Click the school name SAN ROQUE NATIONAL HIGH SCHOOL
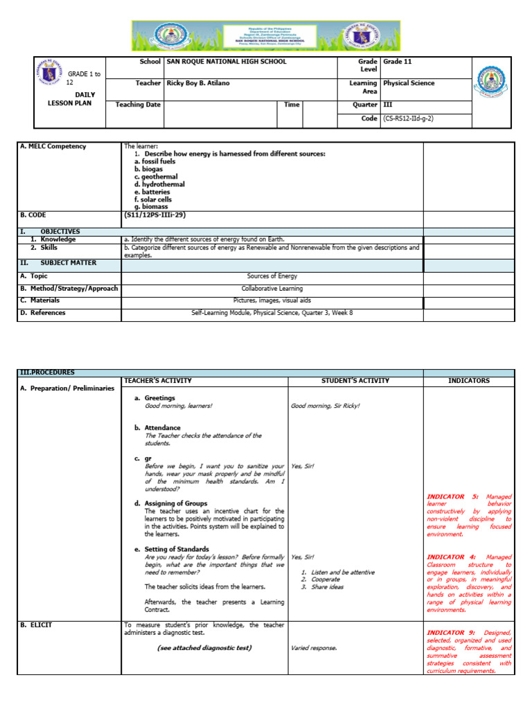click(226, 62)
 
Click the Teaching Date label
click(138, 105)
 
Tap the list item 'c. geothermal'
click(156, 177)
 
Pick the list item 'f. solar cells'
click(153, 199)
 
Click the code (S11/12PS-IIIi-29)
click(154, 215)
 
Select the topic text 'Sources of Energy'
click(272, 276)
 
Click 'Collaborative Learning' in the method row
click(272, 288)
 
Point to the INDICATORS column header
click(468, 381)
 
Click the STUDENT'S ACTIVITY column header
click(355, 381)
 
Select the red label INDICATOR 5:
click(450, 496)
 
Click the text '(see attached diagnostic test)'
click(204, 648)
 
